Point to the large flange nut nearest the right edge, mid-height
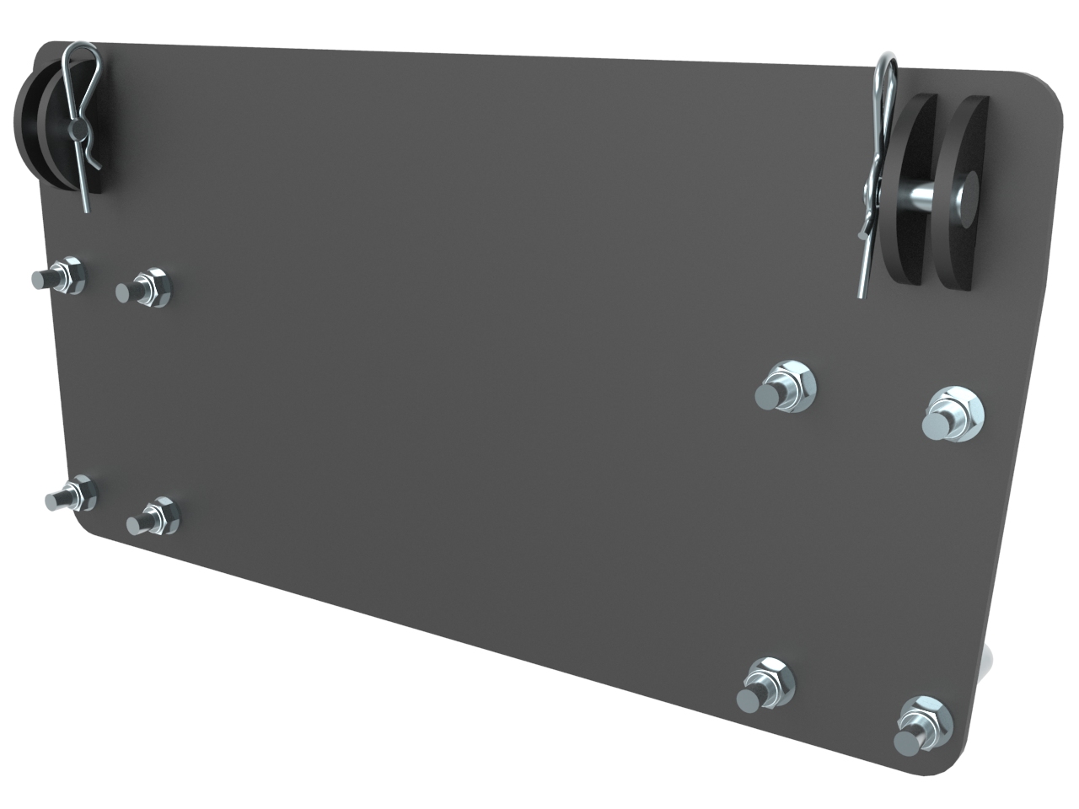coord(951,413)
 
